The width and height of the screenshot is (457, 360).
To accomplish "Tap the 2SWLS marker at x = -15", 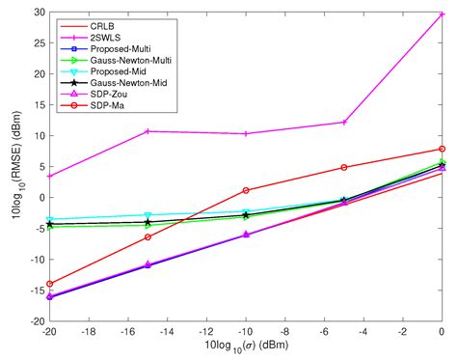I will click(148, 131).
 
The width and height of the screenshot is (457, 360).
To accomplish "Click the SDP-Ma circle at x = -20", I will click(49, 284).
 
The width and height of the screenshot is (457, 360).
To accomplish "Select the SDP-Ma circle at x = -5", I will click(344, 167).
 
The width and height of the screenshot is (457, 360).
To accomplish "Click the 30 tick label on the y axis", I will click(35, 13).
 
